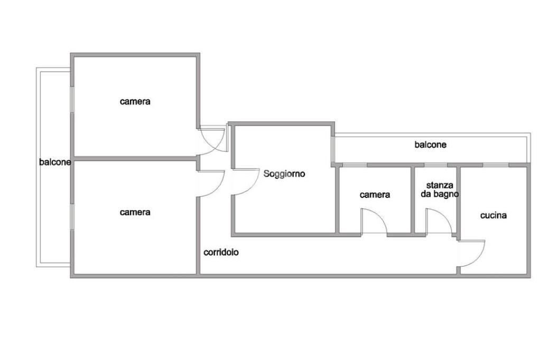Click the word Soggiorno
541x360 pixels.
284,174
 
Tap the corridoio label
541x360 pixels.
221,252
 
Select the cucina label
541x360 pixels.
493,215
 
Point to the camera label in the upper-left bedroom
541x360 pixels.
135,101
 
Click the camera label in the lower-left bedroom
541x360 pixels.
135,212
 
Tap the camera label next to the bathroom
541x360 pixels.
375,195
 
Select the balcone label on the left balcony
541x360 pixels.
55,163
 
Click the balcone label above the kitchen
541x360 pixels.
430,145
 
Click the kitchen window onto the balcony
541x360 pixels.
496,166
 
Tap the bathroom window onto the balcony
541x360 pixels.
436,166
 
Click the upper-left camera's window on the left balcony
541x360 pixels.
72,106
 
